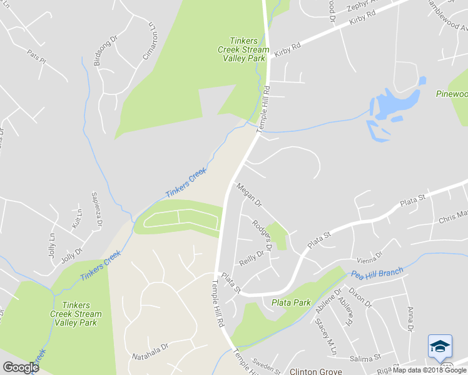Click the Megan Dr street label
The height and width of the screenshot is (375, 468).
pos(248,195)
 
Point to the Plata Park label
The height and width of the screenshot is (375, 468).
pos(291,302)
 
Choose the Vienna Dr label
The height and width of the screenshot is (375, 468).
pos(368,257)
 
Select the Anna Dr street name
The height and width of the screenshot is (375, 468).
pos(410,319)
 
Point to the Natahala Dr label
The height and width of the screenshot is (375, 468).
pos(151,356)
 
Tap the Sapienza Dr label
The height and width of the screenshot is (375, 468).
pos(97,207)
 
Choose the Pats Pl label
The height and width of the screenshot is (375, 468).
pos(36,57)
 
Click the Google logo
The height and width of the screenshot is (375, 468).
pos(21,367)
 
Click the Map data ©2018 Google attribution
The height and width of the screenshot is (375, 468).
pos(429,370)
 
